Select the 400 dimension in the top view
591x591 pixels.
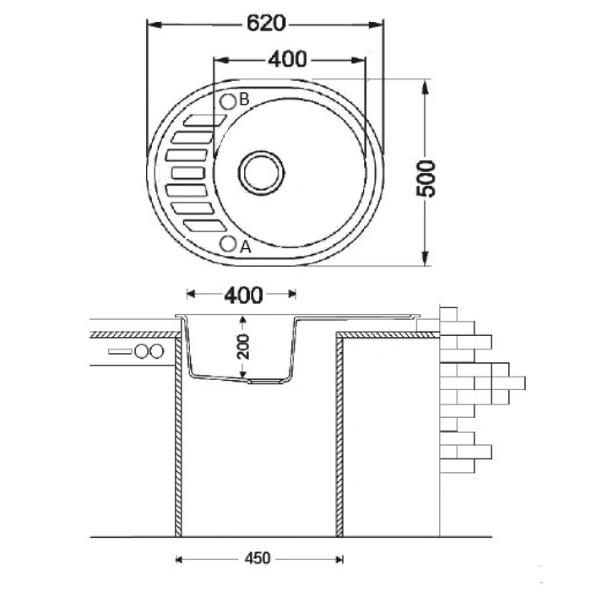(290, 59)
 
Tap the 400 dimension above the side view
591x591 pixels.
(242, 295)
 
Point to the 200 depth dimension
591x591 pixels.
(243, 345)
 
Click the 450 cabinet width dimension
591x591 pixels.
(259, 558)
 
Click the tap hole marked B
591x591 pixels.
(228, 101)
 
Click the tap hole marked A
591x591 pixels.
(228, 244)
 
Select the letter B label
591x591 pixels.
(244, 100)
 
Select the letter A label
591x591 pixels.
(245, 247)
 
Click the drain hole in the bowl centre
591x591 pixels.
(261, 171)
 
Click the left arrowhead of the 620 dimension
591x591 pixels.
(153, 24)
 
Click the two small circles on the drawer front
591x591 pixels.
(149, 351)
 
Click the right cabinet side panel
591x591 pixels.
(339, 435)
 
